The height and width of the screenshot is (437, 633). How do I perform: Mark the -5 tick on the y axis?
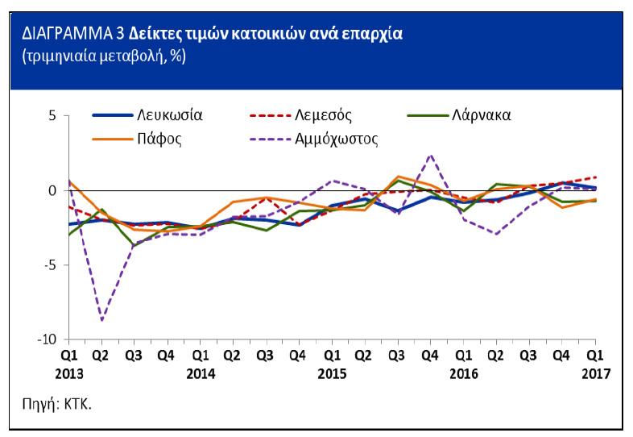49,265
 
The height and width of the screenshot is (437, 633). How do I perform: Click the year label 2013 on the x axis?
69,373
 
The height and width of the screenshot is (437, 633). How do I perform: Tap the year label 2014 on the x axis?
200,373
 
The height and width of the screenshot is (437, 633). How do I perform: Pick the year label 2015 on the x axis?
331,373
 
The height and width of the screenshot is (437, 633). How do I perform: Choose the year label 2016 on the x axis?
464,373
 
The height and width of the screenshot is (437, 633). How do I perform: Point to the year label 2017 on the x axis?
594,373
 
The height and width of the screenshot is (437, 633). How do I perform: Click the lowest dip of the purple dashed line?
101,321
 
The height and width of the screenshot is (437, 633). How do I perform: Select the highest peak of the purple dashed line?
431,155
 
